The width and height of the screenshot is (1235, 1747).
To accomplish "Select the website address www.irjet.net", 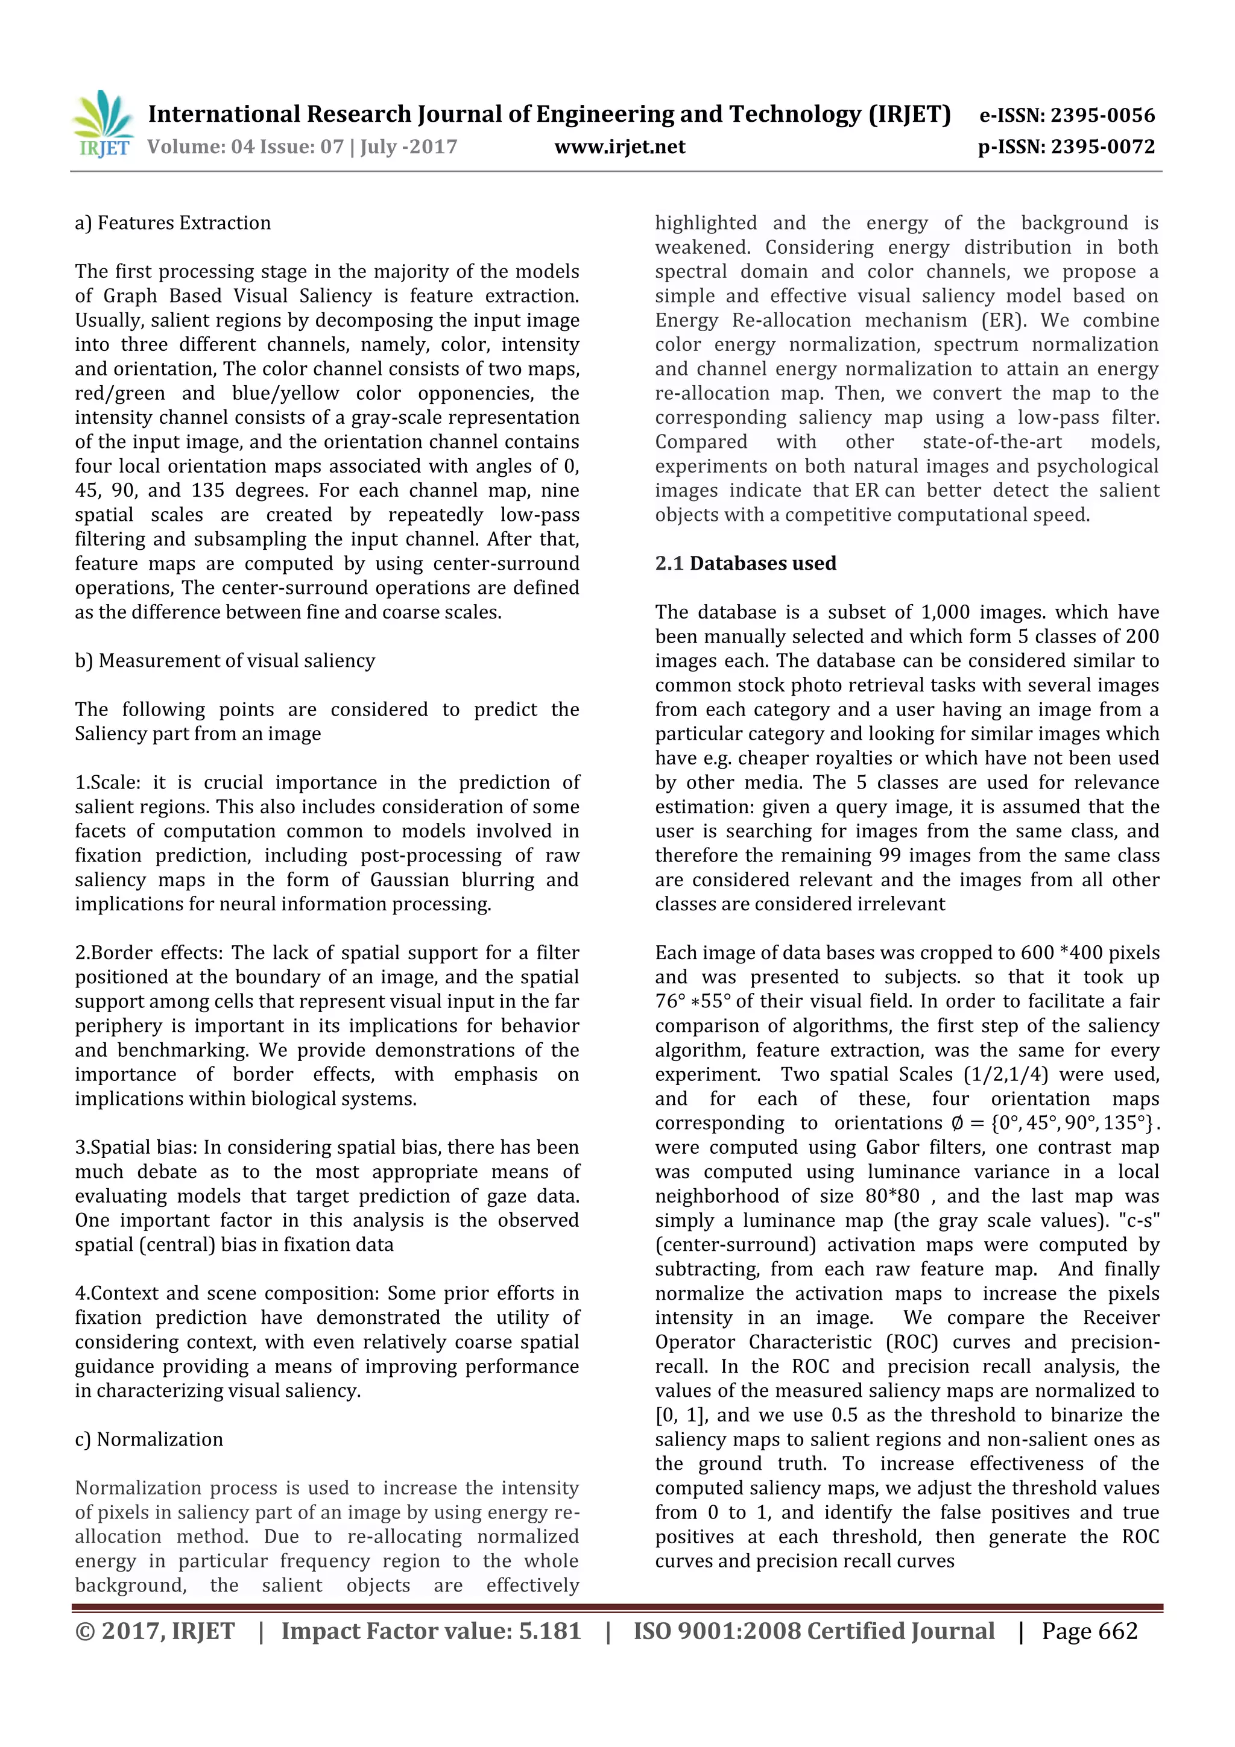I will coord(619,147).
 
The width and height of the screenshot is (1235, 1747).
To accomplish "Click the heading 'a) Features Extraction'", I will coord(172,223).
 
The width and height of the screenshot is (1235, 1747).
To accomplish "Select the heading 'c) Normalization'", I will coord(149,1439).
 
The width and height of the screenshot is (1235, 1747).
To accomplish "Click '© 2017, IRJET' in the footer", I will coord(154,1631).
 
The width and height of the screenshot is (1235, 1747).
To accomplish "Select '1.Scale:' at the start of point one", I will coord(109,782).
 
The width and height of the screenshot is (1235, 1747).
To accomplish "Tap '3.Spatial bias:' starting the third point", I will coord(137,1147).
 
